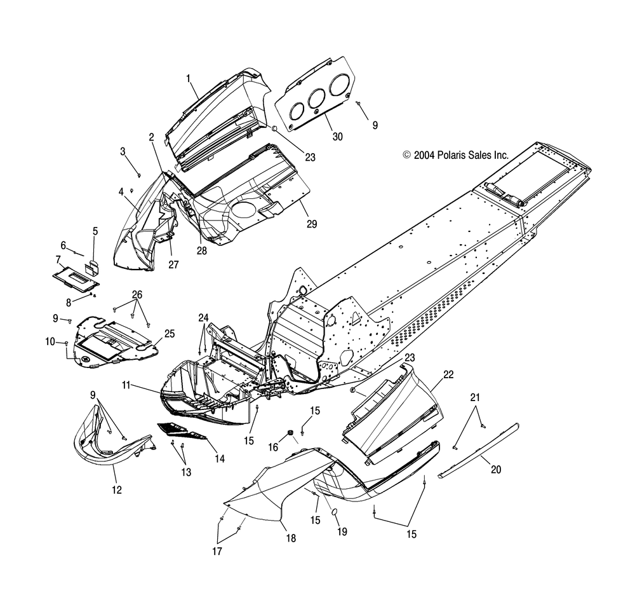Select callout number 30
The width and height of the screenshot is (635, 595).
click(328, 136)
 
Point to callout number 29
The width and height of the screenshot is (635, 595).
click(311, 224)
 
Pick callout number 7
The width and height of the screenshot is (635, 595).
click(58, 259)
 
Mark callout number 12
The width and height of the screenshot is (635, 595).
click(117, 489)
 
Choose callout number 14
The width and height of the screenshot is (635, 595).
click(220, 457)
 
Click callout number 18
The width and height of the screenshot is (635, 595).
click(291, 538)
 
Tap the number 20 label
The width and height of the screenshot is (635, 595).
click(495, 470)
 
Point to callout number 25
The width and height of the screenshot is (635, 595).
click(170, 333)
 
